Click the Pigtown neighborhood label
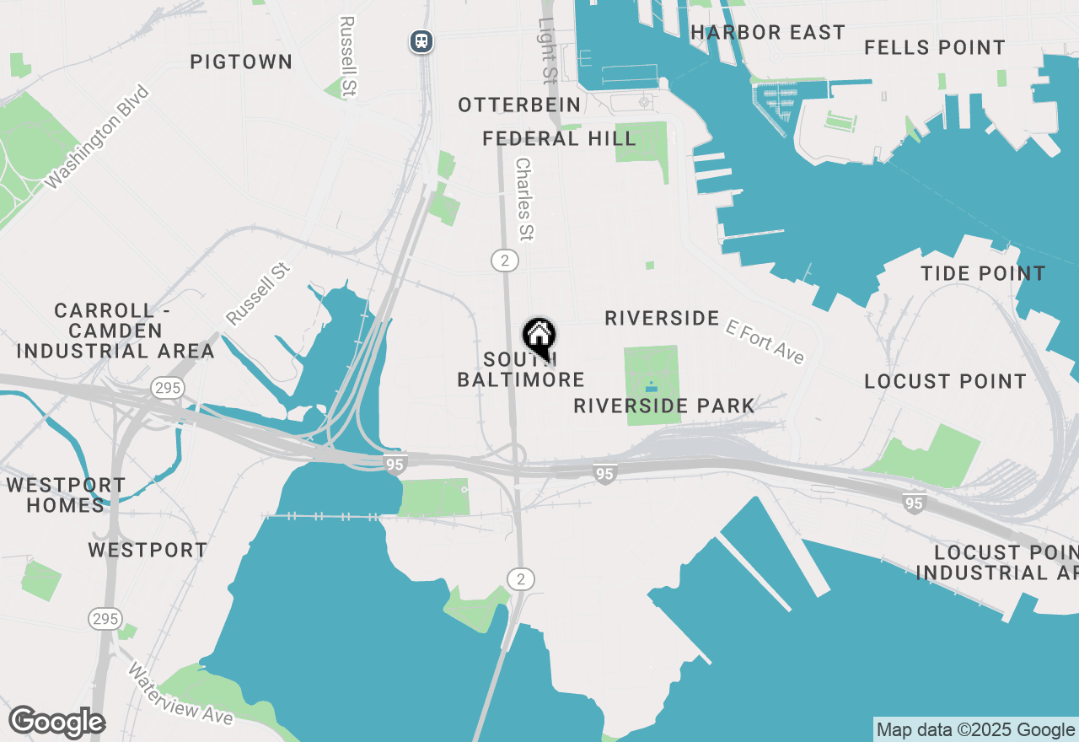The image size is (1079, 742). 241,62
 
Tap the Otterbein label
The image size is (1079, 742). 519,105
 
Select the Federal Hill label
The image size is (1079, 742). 559,138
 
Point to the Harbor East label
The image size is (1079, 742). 767,33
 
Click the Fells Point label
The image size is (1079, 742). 935,48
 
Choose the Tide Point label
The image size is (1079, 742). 983,273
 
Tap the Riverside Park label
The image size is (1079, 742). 664,406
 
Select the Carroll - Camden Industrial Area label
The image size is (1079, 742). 115,331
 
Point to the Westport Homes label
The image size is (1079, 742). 66,495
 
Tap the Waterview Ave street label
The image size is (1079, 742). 180,693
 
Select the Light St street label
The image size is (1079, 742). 548,52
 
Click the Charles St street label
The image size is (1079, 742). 525,199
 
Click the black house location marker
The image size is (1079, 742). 539,336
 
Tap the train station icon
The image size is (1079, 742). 421,40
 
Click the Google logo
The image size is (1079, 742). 56,723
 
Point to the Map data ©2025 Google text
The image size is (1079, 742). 975,729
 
